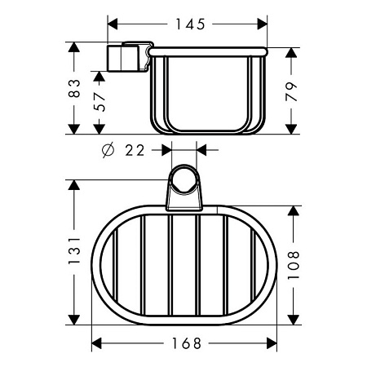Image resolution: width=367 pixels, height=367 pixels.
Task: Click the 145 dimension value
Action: tap(190, 24)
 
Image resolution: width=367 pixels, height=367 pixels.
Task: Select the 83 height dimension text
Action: tap(74, 88)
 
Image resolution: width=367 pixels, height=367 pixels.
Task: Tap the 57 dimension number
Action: tap(99, 102)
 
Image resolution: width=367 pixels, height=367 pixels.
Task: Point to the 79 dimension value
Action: tap(291, 92)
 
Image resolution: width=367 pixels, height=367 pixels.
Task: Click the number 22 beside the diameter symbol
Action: tap(135, 150)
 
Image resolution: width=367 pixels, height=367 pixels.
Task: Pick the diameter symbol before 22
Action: tap(108, 150)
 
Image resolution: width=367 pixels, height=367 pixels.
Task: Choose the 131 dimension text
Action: tap(74, 250)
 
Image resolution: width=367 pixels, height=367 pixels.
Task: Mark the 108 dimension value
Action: tap(294, 265)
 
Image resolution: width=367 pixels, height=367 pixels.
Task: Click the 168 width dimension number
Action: tap(187, 343)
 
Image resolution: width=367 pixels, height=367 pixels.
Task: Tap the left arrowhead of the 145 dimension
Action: tap(113, 24)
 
